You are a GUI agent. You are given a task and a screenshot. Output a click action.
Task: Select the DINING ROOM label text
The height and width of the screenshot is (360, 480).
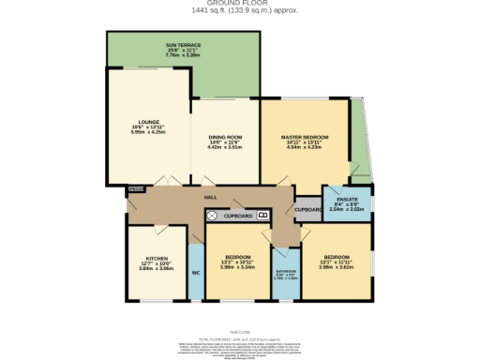coord(225,137)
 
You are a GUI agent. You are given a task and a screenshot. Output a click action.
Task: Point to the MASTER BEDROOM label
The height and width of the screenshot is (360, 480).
coord(305,137)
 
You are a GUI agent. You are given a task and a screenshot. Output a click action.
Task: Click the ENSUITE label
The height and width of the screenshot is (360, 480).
coord(346,200)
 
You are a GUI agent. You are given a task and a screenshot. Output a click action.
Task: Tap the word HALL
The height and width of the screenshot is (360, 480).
coord(212,198)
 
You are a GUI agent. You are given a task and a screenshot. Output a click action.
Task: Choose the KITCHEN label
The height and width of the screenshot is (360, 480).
coord(157,258)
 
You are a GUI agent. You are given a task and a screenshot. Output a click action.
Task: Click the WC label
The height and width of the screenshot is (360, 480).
coord(196,273)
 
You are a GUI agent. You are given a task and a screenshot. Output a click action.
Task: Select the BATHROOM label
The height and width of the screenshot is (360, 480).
coord(286,273)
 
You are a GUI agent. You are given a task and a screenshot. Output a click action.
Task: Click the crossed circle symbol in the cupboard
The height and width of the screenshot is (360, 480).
coord(212,215)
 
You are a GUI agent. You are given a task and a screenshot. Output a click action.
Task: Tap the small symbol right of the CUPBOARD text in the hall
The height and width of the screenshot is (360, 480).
coord(262,215)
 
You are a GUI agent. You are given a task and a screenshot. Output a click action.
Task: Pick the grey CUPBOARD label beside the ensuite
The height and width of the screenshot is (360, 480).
coord(307,210)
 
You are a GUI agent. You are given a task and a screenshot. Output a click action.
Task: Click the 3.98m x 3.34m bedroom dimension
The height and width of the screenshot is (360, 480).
coord(238,267)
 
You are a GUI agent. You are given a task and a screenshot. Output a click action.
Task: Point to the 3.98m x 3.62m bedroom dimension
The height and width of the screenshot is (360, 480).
coord(337,267)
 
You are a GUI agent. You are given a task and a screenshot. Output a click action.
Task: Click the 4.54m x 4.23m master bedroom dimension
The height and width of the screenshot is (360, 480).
coord(305,147)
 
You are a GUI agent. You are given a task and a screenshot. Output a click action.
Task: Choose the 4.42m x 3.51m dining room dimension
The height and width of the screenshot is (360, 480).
coord(225,147)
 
